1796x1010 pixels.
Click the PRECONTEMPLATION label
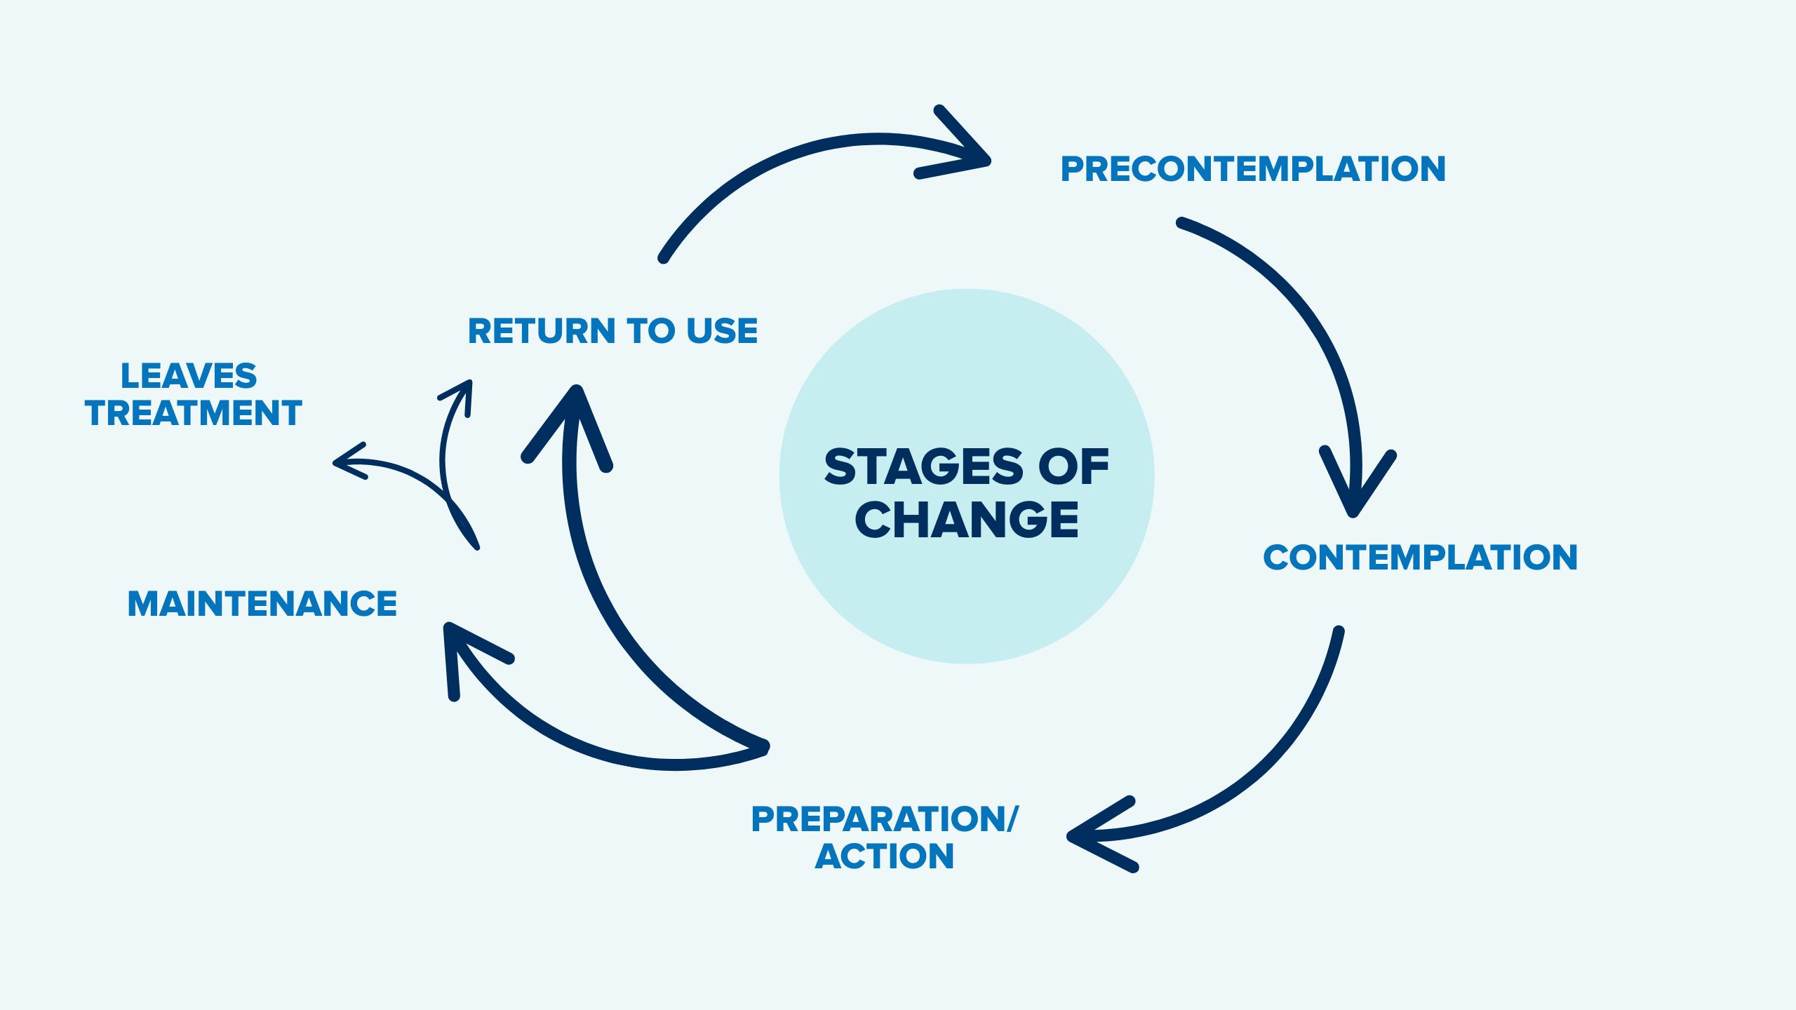coord(1253,169)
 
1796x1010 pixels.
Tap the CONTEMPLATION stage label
coord(1420,558)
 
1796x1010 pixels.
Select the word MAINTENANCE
coord(262,604)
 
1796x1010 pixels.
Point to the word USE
coord(722,331)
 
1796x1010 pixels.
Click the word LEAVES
coord(189,376)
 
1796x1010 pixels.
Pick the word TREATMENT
coord(193,413)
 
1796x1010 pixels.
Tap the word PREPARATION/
coord(884,819)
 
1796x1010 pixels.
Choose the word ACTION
coord(884,856)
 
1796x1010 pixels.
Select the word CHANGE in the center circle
coord(966,520)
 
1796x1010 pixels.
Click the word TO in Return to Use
coord(650,331)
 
